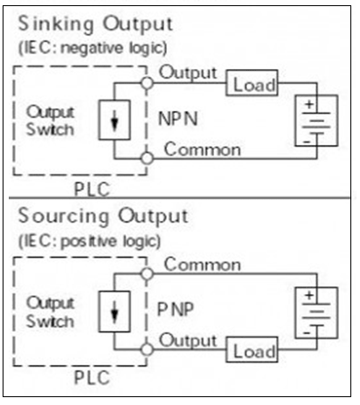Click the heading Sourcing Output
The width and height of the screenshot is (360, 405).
coord(102,216)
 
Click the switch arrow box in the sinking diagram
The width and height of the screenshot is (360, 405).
coord(114,121)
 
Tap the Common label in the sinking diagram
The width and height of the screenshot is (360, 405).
coord(202,149)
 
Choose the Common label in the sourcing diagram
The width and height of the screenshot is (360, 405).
coord(202,264)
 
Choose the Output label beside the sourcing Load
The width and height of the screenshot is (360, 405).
coord(187,340)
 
